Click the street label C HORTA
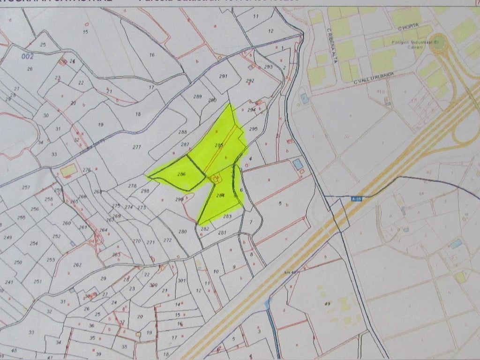(x=407, y=28)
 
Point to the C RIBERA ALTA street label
(x=330, y=43)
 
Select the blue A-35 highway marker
(x=356, y=199)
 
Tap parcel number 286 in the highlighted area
(x=182, y=174)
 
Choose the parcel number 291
(x=223, y=76)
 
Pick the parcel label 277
(x=136, y=147)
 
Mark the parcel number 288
(x=182, y=132)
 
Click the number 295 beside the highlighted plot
(x=253, y=129)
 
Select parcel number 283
(x=228, y=216)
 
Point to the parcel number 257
(x=26, y=187)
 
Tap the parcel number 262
(x=78, y=265)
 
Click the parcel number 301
(x=181, y=281)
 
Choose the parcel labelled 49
(x=328, y=304)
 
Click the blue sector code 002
(x=29, y=57)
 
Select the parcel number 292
(x=250, y=81)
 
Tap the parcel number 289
(x=197, y=97)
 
